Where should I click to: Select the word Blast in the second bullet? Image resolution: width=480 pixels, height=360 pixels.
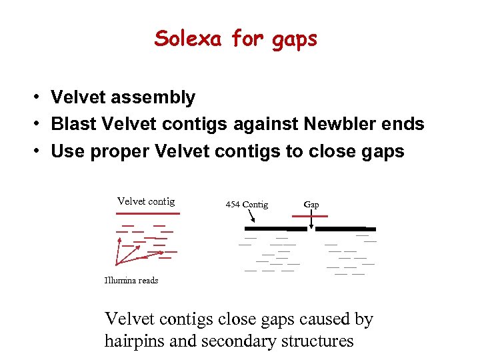73,124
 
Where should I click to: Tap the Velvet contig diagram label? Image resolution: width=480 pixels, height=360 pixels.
146,201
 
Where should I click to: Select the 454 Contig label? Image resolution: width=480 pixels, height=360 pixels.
247,205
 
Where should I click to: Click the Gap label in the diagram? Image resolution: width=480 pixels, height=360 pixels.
311,204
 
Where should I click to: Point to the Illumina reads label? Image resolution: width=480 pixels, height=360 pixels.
131,281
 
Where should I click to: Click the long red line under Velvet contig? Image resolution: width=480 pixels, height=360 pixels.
147,213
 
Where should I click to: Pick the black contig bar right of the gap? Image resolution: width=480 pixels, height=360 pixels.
340,229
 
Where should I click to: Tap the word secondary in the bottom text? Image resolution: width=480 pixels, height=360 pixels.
233,341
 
